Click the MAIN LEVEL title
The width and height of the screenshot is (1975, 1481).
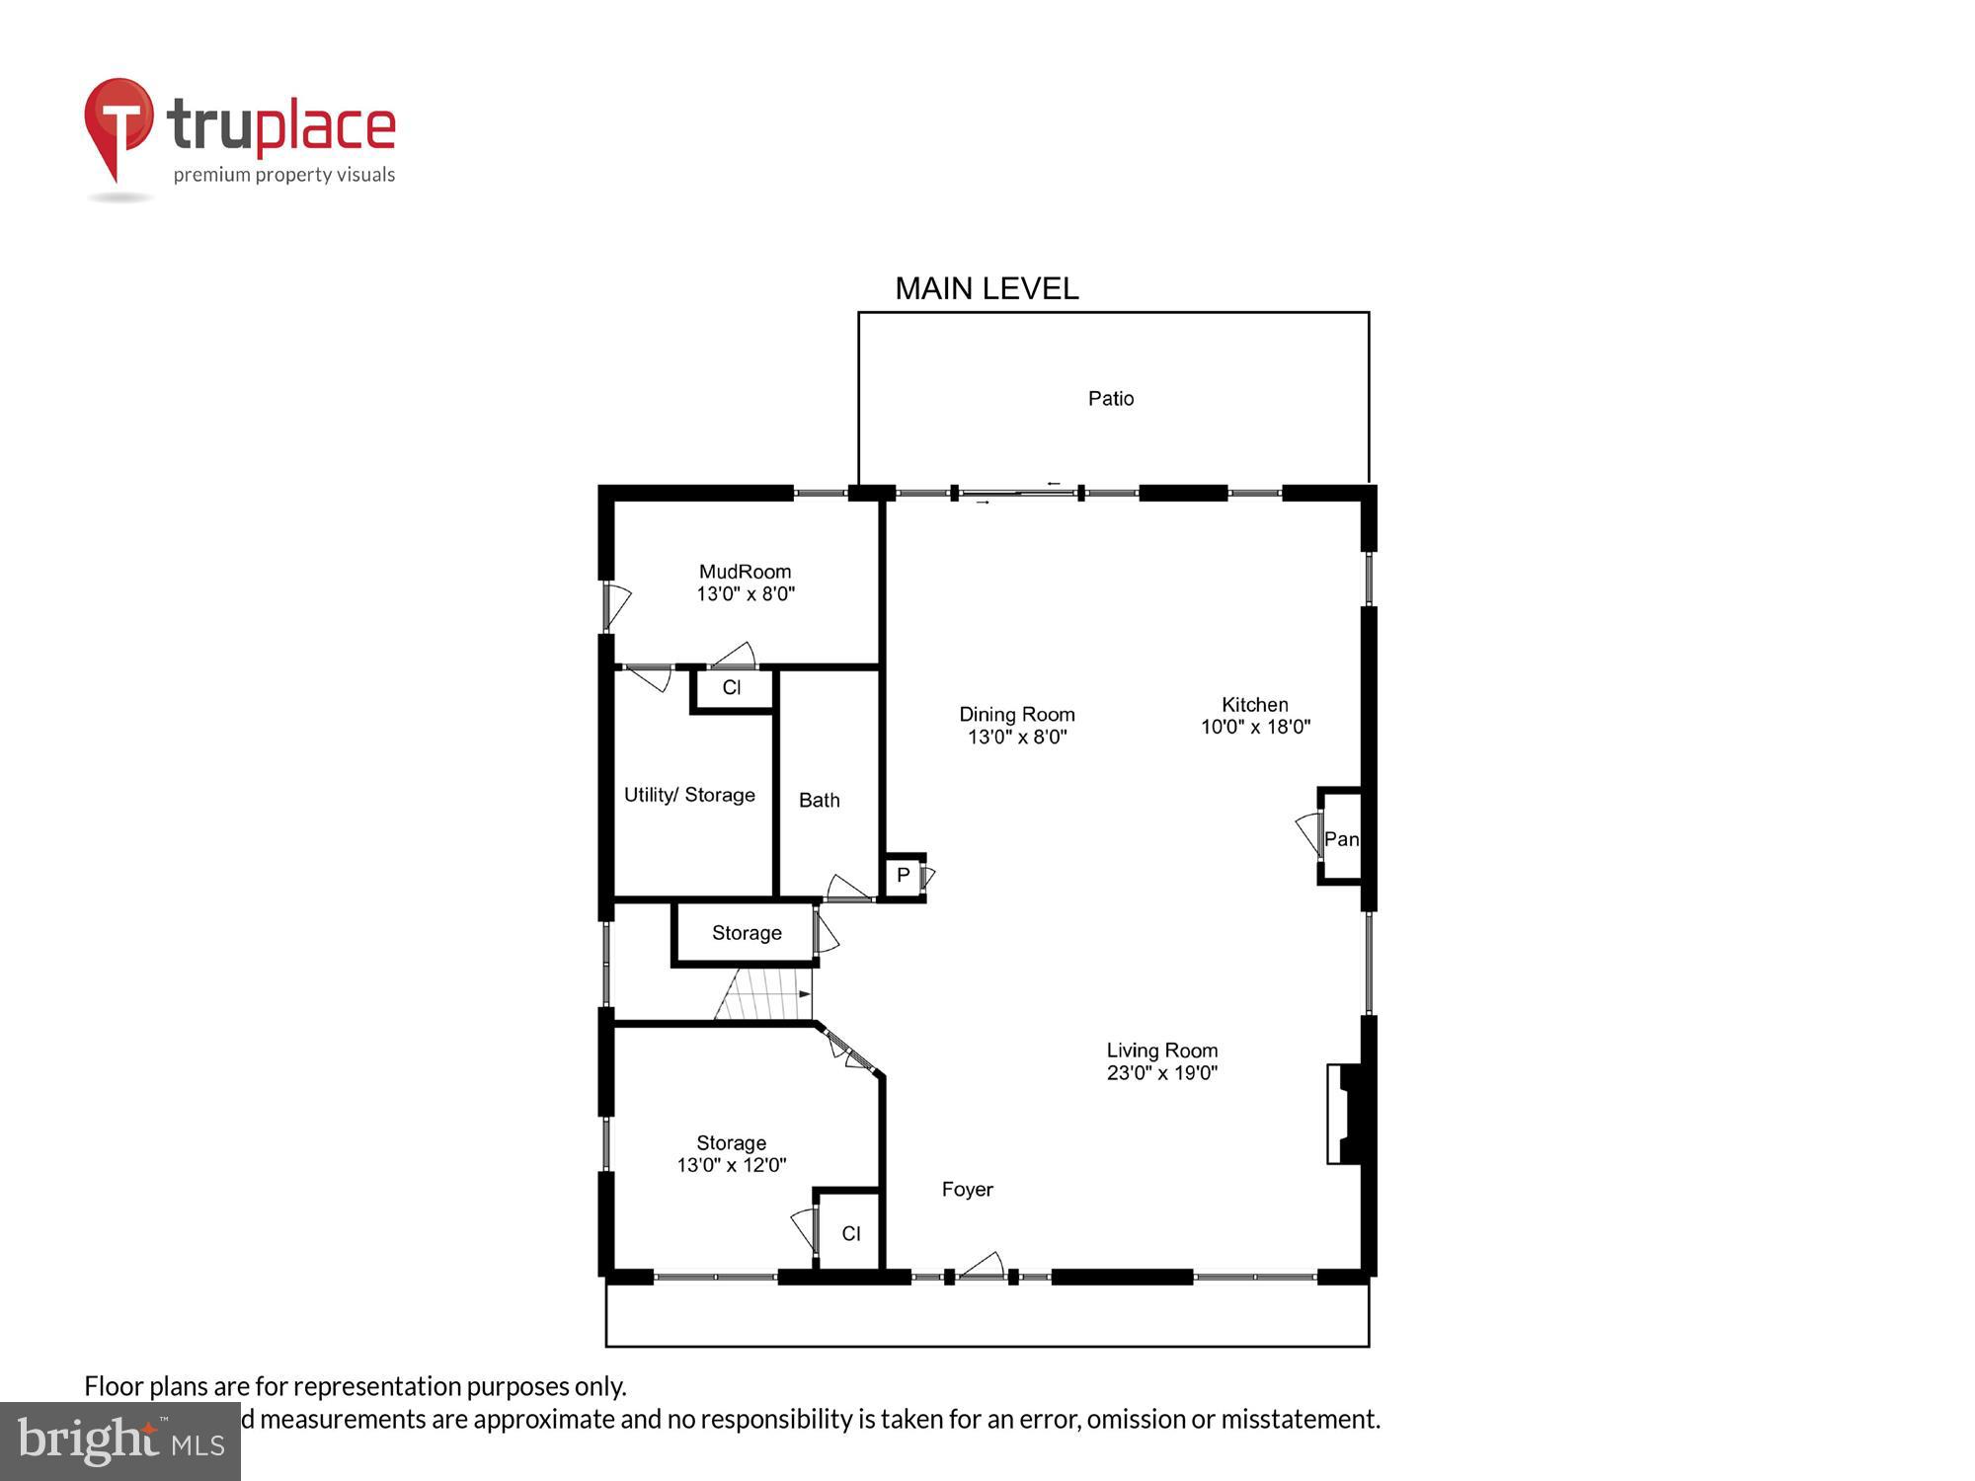pyautogui.click(x=987, y=288)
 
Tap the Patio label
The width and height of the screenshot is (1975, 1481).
pyautogui.click(x=1111, y=398)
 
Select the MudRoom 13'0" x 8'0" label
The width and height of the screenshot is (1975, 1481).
pyautogui.click(x=746, y=583)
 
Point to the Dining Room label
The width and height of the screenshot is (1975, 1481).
pyautogui.click(x=1017, y=725)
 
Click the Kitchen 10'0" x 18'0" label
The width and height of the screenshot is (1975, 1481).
pyautogui.click(x=1255, y=716)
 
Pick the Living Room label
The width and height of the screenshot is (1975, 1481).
pyautogui.click(x=1162, y=1061)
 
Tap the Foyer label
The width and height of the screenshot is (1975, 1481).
pyautogui.click(x=967, y=1190)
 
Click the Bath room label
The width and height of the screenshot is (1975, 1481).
pyautogui.click(x=820, y=800)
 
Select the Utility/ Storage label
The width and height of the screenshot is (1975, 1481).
pyautogui.click(x=689, y=795)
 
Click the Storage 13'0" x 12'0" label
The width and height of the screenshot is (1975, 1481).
pyautogui.click(x=731, y=1153)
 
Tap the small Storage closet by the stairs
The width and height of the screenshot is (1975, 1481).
pyautogui.click(x=746, y=933)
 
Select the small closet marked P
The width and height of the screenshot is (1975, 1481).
pyautogui.click(x=903, y=876)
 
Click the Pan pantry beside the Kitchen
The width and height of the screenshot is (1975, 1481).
pyautogui.click(x=1341, y=838)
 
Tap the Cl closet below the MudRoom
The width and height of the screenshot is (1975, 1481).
pyautogui.click(x=732, y=688)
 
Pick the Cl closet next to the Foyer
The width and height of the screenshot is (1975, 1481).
pyautogui.click(x=850, y=1233)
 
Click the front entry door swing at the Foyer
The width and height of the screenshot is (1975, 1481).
pyautogui.click(x=983, y=1267)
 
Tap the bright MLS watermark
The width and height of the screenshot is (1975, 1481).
pyautogui.click(x=120, y=1442)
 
